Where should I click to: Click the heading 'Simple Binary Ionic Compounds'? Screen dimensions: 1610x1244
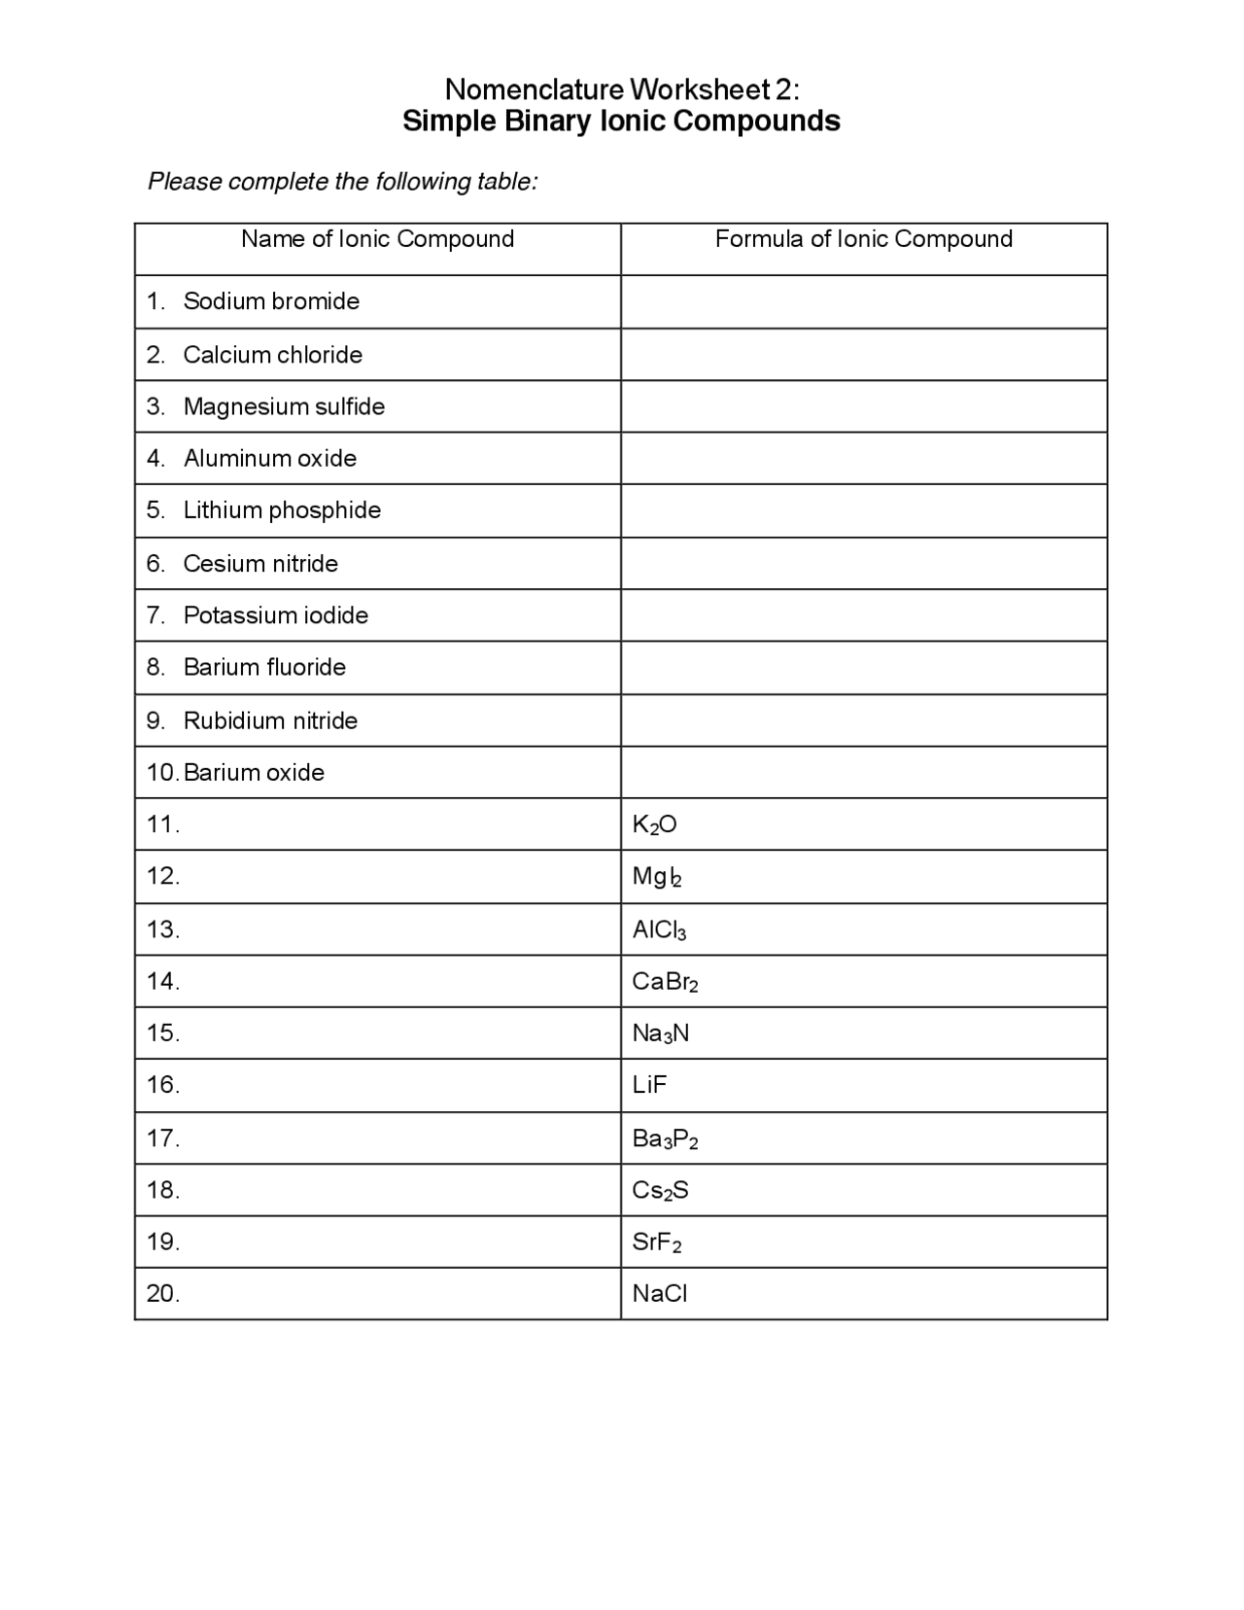621,122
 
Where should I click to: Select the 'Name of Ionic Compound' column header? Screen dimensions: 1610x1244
377,239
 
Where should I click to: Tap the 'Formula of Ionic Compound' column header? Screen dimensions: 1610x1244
863,239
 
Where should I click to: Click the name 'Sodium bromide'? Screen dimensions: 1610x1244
271,301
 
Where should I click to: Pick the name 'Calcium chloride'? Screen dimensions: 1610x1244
272,355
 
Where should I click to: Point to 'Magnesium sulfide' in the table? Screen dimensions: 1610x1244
284,406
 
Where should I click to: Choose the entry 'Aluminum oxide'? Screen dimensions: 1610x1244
270,459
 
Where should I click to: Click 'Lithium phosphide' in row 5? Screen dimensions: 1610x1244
282,510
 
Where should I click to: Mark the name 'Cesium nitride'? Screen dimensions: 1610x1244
260,564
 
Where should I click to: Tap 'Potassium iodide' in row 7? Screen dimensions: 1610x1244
276,615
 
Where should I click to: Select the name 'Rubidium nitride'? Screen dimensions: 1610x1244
270,720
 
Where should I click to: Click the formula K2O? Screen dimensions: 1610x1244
654,825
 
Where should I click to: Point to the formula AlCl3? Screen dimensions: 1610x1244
659,930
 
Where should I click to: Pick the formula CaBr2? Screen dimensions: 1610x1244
665,982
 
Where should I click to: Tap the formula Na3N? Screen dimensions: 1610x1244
661,1033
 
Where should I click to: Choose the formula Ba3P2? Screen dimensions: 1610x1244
665,1138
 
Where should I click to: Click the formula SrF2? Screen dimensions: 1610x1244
657,1242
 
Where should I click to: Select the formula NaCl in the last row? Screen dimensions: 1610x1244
660,1294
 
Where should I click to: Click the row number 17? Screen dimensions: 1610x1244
163,1138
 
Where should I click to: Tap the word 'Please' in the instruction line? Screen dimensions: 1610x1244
184,182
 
